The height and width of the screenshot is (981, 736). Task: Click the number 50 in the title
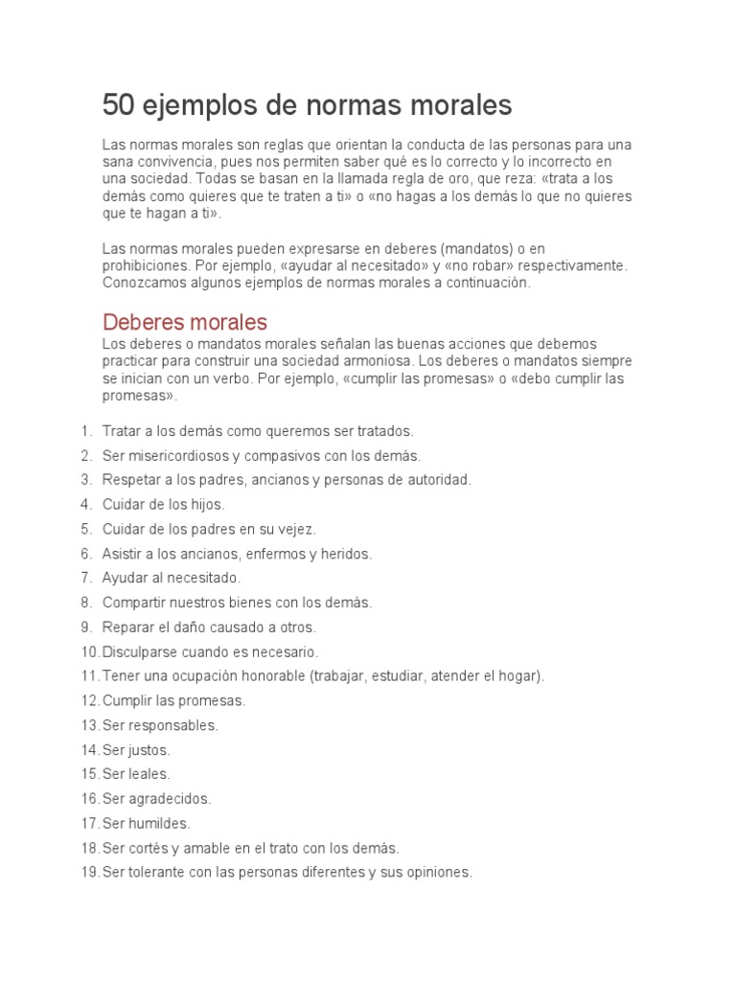pos(120,104)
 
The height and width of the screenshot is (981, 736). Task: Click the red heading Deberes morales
pos(184,322)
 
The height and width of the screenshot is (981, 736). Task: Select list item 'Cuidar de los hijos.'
pos(163,504)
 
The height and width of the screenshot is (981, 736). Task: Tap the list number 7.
pos(86,578)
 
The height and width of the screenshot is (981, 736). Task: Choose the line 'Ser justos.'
pos(136,750)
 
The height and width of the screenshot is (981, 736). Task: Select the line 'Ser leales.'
pos(136,774)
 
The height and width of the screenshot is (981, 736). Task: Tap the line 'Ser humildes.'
pos(146,823)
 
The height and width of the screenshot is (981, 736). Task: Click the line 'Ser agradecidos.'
pos(156,799)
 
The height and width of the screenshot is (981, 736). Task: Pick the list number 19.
pos(90,873)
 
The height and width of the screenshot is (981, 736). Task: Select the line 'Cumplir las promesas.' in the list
pos(173,700)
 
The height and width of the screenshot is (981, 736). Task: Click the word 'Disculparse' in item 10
pos(141,651)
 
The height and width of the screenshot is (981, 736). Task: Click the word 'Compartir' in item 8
pos(134,603)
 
